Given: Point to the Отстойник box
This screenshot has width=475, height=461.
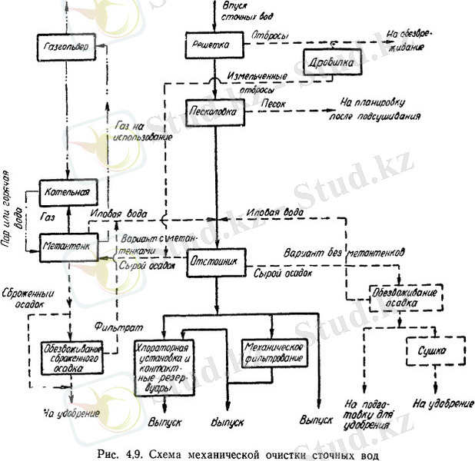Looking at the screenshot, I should (216, 263).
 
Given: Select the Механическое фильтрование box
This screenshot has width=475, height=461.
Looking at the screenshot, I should (273, 351).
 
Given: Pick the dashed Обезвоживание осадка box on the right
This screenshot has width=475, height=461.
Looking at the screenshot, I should (391, 296).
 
